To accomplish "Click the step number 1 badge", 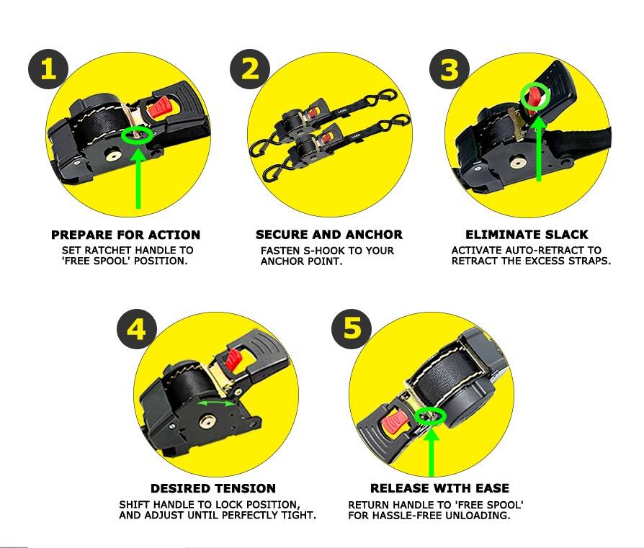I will pos(48,69).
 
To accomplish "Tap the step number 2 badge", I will pos(249,70).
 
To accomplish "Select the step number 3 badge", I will pos(449,70).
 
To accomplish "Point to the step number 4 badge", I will pos(136,330).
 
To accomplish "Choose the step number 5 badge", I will pos(352,330).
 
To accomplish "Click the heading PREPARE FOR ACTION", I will pos(125,235).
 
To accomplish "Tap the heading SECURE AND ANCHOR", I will pos(328,235).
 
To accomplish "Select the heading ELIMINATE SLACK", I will pos(527,235).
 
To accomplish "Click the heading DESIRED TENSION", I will pos(213,488).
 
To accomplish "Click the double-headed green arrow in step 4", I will pos(216,404).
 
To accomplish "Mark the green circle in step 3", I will pos(535,95).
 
